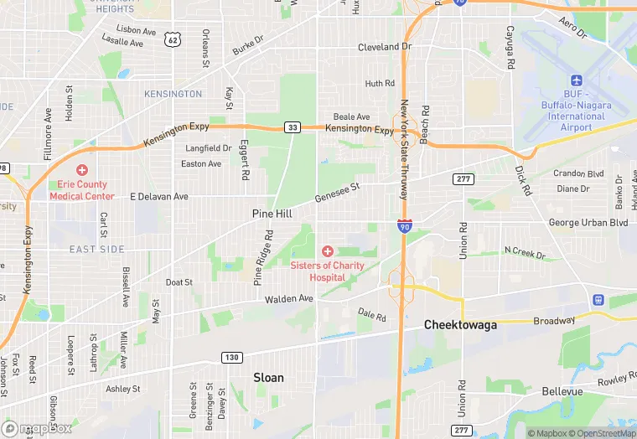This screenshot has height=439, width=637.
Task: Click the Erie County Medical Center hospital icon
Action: [81, 170]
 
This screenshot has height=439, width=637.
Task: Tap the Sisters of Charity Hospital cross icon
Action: [327, 251]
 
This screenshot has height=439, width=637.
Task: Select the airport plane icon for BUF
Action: [576, 80]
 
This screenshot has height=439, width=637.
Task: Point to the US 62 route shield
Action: [172, 39]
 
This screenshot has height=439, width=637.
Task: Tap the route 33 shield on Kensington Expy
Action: [292, 127]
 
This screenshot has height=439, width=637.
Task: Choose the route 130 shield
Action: [232, 357]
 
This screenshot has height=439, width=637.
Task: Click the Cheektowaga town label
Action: [459, 324]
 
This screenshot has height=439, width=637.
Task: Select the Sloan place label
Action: [268, 378]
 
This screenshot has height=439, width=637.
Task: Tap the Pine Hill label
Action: [272, 214]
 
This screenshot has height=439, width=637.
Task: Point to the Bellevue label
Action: [562, 391]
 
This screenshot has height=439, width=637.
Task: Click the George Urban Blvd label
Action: [588, 223]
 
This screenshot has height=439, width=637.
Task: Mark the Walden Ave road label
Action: [288, 298]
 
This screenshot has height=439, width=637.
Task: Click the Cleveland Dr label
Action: [385, 47]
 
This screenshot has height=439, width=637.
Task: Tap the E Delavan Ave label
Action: [159, 196]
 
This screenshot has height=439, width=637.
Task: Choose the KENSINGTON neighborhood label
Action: [173, 94]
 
